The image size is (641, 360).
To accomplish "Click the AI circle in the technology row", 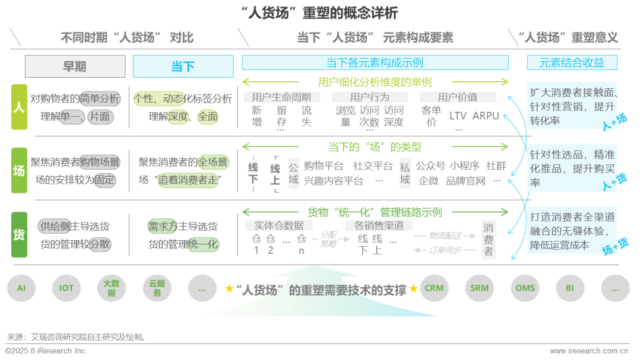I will tap(21, 288).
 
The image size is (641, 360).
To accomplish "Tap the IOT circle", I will tap(66, 288).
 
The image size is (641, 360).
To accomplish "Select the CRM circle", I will tap(434, 288).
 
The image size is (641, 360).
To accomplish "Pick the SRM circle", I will tap(480, 288).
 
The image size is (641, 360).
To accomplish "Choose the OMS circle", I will tap(525, 288).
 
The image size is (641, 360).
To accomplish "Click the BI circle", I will tap(570, 288).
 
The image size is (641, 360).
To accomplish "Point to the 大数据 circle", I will tap(112, 288).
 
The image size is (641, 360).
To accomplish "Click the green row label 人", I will tap(19, 107).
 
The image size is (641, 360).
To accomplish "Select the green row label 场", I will tap(19, 171).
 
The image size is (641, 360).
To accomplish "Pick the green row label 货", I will tap(19, 235).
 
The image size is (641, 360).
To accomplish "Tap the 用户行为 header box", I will tap(369, 97).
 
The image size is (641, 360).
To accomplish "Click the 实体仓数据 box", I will tap(279, 225).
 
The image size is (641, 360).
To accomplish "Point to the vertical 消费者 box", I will tap(488, 240).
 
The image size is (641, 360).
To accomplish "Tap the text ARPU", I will tap(485, 116).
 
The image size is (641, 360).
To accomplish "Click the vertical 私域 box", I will tap(405, 173).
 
